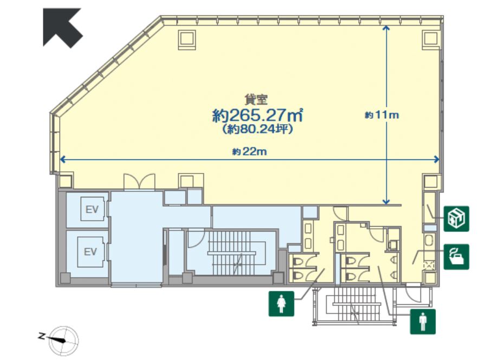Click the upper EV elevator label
tap(91, 210)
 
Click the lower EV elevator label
tap(91, 252)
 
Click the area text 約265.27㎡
tap(257, 115)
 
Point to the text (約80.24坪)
tap(257, 130)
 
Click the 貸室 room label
tap(253, 99)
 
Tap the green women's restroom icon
tap(281, 304)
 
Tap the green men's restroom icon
tap(423, 321)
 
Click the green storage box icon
tap(456, 218)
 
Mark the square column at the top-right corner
tap(430, 38)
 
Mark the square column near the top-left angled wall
tap(187, 38)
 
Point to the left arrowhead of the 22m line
tap(62, 159)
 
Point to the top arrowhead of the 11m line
tap(386, 29)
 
